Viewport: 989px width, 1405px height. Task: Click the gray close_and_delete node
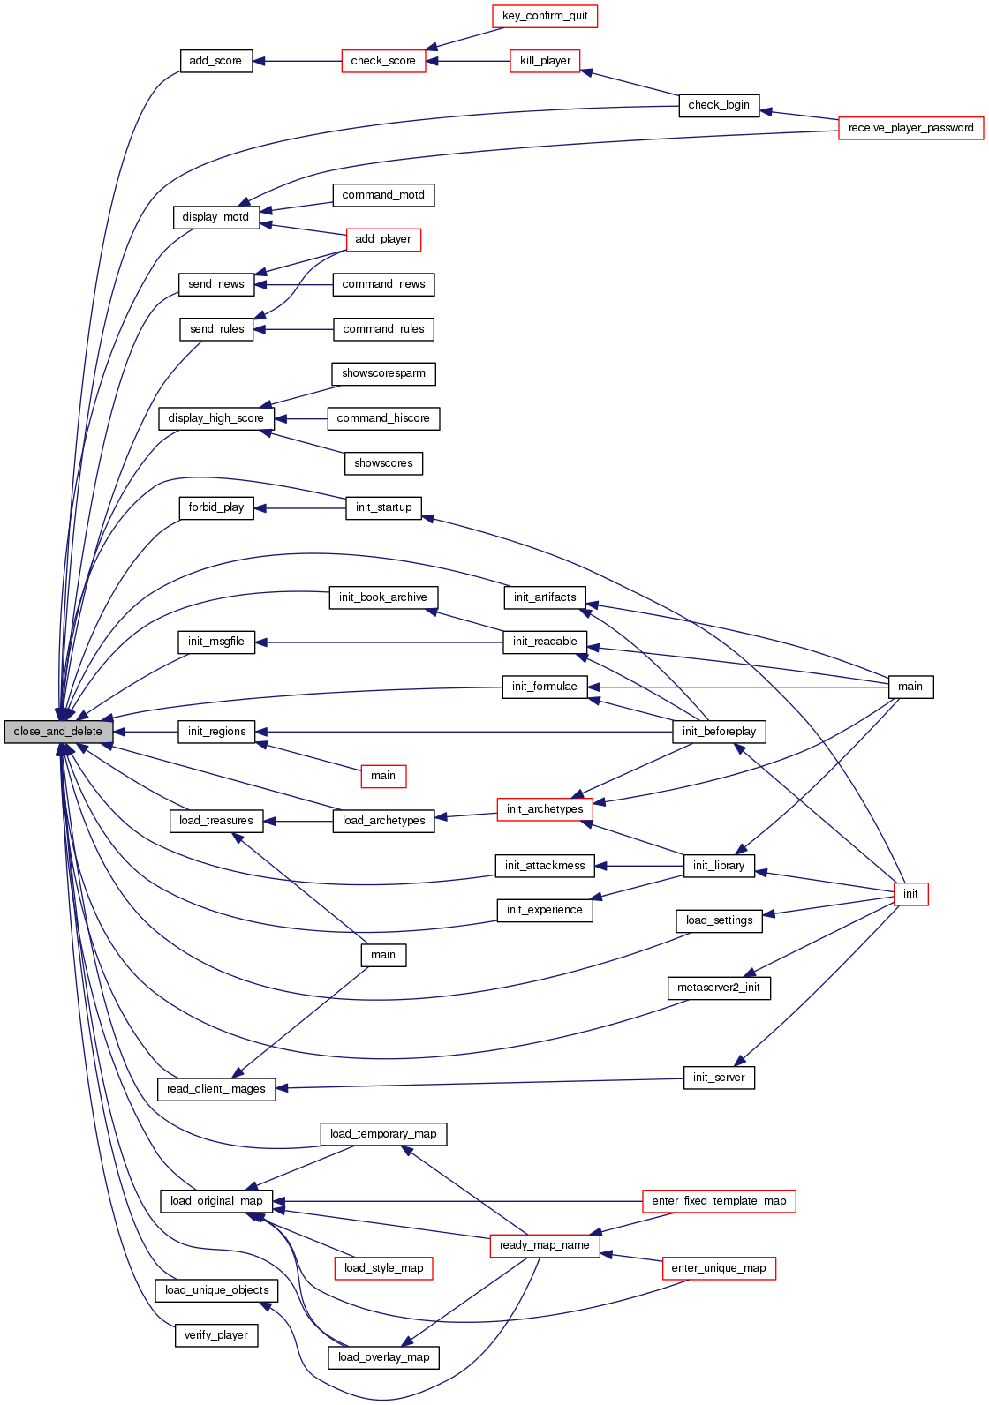[x=58, y=732]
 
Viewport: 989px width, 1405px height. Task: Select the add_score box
[x=215, y=61]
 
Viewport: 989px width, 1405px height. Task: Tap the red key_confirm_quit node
[x=545, y=16]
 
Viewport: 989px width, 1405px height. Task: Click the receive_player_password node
[x=910, y=128]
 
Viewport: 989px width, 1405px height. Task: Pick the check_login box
[x=719, y=105]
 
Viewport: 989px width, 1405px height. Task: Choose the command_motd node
[x=383, y=195]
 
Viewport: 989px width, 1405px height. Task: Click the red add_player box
[x=383, y=239]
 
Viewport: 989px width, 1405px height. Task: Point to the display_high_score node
[x=215, y=418]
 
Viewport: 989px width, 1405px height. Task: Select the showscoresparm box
[x=383, y=373]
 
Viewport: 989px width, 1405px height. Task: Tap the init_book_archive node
[x=383, y=597]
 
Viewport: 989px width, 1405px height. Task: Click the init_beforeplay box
[x=719, y=732]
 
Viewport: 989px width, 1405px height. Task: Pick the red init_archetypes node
[x=545, y=809]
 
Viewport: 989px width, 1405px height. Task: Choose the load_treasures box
[x=215, y=821]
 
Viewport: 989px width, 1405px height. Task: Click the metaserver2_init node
[x=719, y=988]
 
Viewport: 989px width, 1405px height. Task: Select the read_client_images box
[x=215, y=1089]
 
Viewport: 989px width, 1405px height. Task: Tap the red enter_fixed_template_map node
[x=719, y=1201]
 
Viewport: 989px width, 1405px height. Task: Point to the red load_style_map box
[x=383, y=1268]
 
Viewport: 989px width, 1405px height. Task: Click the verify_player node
[x=215, y=1335]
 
